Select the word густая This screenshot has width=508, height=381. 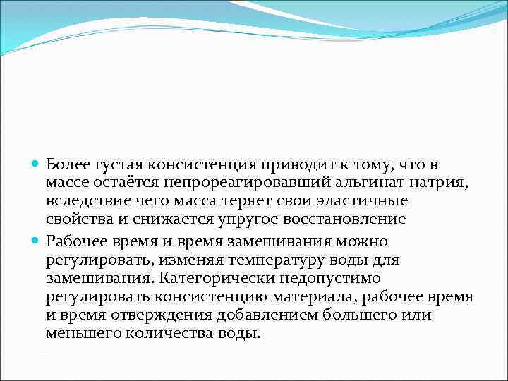[x=118, y=165]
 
